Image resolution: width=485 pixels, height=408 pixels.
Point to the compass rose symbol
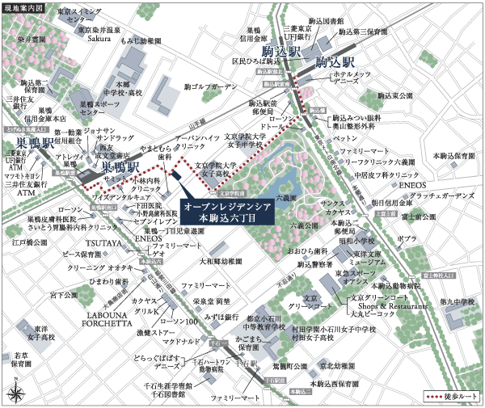[x=17, y=393]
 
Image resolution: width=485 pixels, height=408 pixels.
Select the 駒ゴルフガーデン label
[x=211, y=86]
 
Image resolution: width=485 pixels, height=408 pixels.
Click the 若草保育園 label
[x=22, y=360]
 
